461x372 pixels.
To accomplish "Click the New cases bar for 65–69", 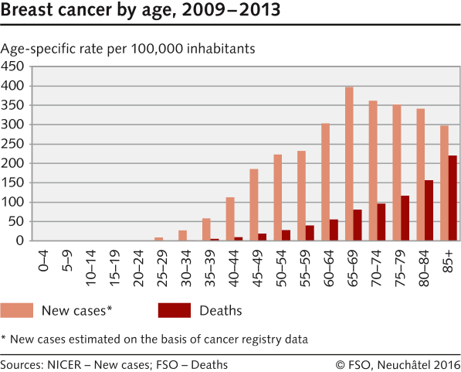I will point(349,164).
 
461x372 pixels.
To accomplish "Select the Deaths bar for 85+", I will point(453,198).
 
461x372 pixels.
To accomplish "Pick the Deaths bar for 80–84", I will point(429,210).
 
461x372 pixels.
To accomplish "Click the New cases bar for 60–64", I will point(325,182).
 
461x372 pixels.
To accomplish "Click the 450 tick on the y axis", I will point(13,67).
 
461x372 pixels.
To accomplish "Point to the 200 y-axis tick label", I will point(13,163).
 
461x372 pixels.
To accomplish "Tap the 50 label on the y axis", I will point(16,221).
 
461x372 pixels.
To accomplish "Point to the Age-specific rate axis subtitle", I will point(128,49).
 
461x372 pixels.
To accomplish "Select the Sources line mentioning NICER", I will point(114,363).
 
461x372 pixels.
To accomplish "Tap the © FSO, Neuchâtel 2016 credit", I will point(397,363).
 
